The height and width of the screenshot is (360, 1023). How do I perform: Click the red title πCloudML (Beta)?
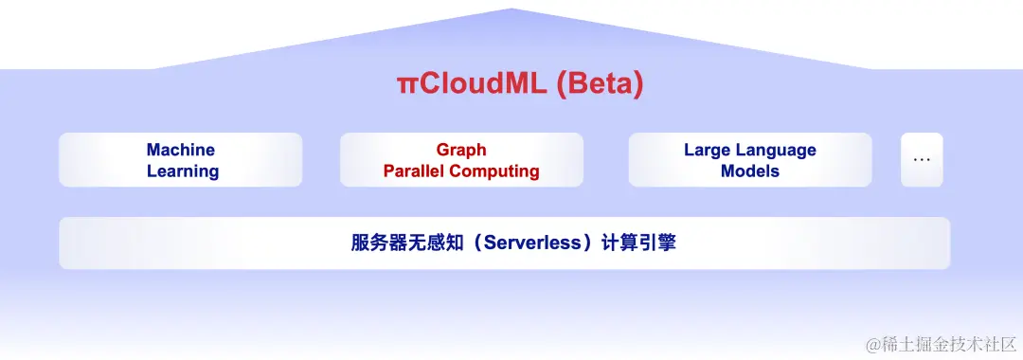pos(520,84)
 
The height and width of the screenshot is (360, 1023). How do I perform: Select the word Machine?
pos(181,150)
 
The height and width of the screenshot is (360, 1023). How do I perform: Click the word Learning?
pos(183,171)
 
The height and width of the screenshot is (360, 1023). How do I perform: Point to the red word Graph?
pos(461,150)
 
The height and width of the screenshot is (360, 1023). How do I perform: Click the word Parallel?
pos(414,171)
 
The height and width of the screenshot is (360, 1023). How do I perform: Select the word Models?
pos(750,171)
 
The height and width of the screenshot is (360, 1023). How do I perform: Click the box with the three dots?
pos(922,160)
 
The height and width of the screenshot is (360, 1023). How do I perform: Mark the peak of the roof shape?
pos(511,9)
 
